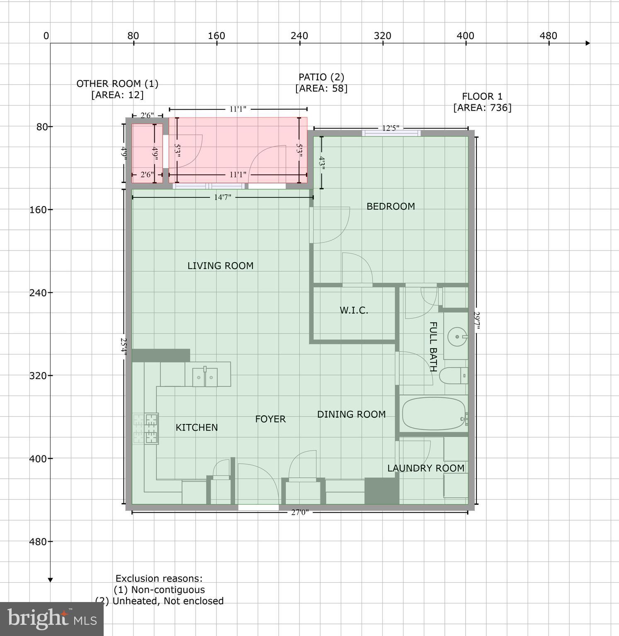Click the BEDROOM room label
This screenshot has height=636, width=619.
(390, 206)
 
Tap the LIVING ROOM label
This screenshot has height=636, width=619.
(220, 266)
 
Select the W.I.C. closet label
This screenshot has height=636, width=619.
(354, 310)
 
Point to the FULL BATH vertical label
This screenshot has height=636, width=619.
(432, 347)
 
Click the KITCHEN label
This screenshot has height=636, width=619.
(197, 427)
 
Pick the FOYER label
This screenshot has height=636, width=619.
(270, 419)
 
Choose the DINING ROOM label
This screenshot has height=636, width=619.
(351, 414)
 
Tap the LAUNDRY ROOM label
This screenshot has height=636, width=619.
(425, 468)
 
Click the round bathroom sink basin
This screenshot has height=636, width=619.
(457, 337)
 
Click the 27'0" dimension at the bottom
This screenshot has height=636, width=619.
(299, 513)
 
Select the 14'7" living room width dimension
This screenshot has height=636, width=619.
(222, 198)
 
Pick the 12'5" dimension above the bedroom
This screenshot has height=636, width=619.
(390, 128)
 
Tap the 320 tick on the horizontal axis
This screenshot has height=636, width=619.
(382, 36)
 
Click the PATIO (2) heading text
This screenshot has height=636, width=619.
(321, 77)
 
